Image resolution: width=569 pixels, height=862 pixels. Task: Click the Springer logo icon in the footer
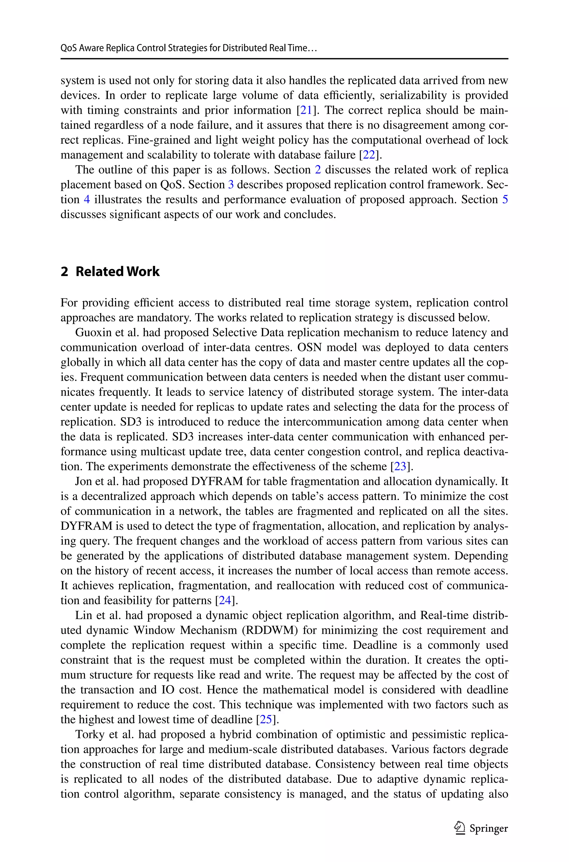coord(460,828)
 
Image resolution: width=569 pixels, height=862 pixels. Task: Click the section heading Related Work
coord(117,272)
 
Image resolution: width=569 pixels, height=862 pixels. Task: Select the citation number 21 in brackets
coord(306,110)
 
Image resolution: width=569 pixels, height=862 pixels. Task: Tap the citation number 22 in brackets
coord(369,155)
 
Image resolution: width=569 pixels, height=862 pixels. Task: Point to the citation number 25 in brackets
coord(266,719)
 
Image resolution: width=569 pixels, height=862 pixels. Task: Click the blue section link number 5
coord(505,199)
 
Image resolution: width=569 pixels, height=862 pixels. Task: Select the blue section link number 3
coord(231,185)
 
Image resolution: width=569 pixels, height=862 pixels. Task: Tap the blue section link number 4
coord(87,199)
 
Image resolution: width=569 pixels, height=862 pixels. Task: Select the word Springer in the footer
coord(488,829)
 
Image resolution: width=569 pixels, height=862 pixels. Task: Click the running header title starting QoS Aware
coord(189,48)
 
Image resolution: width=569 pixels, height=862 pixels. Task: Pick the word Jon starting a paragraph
coord(83,481)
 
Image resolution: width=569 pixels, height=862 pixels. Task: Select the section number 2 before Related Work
coord(64,272)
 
